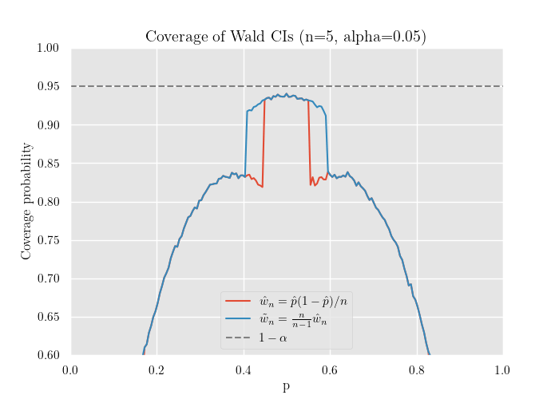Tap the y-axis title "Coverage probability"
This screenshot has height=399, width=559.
pos(27,201)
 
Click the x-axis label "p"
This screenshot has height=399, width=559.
pos(286,387)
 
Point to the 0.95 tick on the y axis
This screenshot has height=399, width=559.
pos(49,86)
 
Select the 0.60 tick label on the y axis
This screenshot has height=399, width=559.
pos(49,355)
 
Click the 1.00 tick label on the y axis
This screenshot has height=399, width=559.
pos(49,48)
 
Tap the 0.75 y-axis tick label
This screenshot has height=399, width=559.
pos(49,240)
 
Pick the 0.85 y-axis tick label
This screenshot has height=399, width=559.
pos(49,163)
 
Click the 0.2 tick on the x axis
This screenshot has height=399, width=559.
pos(157,370)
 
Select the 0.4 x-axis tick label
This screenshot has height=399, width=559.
pos(244,370)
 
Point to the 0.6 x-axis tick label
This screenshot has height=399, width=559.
pos(330,370)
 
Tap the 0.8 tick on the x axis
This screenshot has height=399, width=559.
pos(417,370)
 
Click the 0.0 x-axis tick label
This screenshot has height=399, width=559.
pos(70,370)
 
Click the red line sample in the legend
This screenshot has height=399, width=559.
pos(238,301)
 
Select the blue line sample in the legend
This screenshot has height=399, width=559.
pos(238,319)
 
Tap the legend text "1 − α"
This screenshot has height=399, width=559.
pos(272,338)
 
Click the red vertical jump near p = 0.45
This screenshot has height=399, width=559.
pos(264,144)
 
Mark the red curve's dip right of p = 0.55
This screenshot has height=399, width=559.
pos(312,184)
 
